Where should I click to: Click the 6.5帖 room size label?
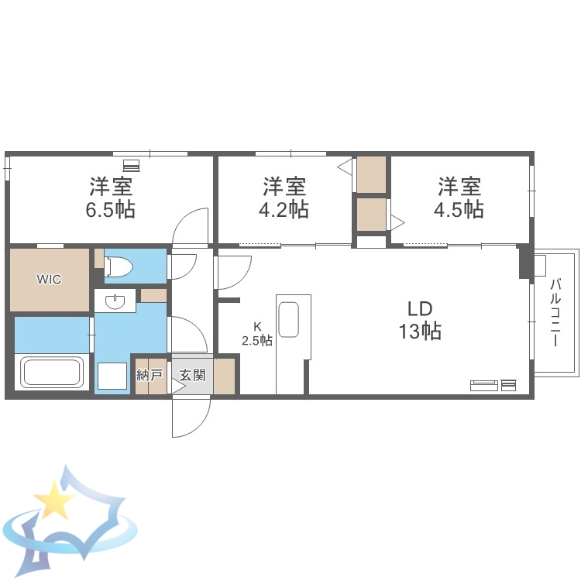[111, 209]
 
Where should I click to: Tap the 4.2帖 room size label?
[284, 209]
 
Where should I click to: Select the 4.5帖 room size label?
[459, 209]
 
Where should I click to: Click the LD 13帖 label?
[420, 320]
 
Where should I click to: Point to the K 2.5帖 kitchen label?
[257, 333]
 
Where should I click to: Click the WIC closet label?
[49, 279]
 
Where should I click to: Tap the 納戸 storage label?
[150, 376]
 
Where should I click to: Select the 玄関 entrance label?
[192, 376]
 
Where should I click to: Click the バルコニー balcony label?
[555, 313]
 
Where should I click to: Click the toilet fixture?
[118, 266]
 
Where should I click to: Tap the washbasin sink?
[115, 301]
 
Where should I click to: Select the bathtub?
[52, 372]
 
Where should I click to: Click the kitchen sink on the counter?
[289, 319]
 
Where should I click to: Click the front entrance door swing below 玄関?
[191, 417]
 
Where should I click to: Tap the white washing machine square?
[112, 376]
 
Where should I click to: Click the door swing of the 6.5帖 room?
[190, 227]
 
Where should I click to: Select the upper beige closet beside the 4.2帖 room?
[371, 174]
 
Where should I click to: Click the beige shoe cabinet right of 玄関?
[224, 376]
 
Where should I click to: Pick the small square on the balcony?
[540, 266]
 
